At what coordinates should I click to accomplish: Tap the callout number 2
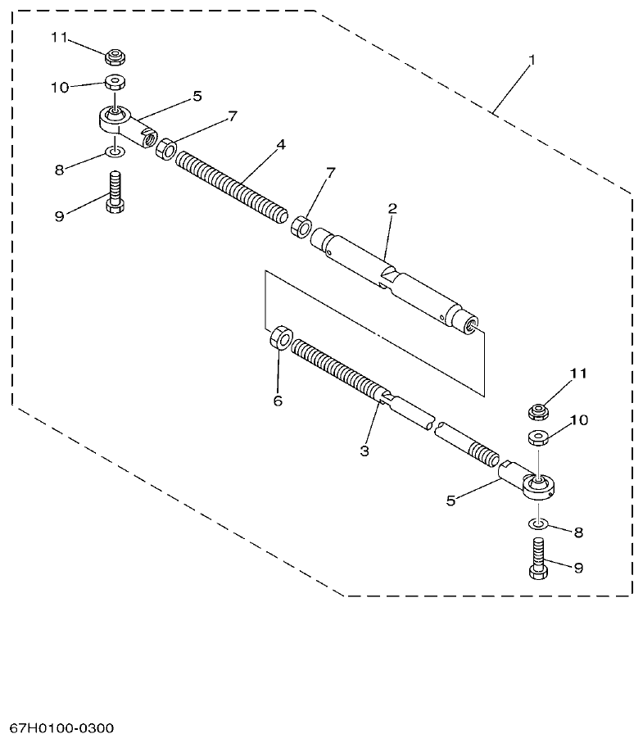click(x=392, y=209)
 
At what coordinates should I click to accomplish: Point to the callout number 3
click(x=365, y=451)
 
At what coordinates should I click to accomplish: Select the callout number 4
click(x=281, y=144)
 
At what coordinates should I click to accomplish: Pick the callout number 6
click(x=277, y=401)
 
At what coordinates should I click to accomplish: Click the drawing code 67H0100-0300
click(x=62, y=728)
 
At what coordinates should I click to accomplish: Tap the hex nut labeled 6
click(x=279, y=338)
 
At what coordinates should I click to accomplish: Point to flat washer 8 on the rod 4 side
click(x=115, y=152)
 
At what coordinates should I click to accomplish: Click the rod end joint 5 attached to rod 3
click(x=528, y=481)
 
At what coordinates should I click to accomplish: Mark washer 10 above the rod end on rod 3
click(x=537, y=437)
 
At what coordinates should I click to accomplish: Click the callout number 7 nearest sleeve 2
click(x=330, y=173)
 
